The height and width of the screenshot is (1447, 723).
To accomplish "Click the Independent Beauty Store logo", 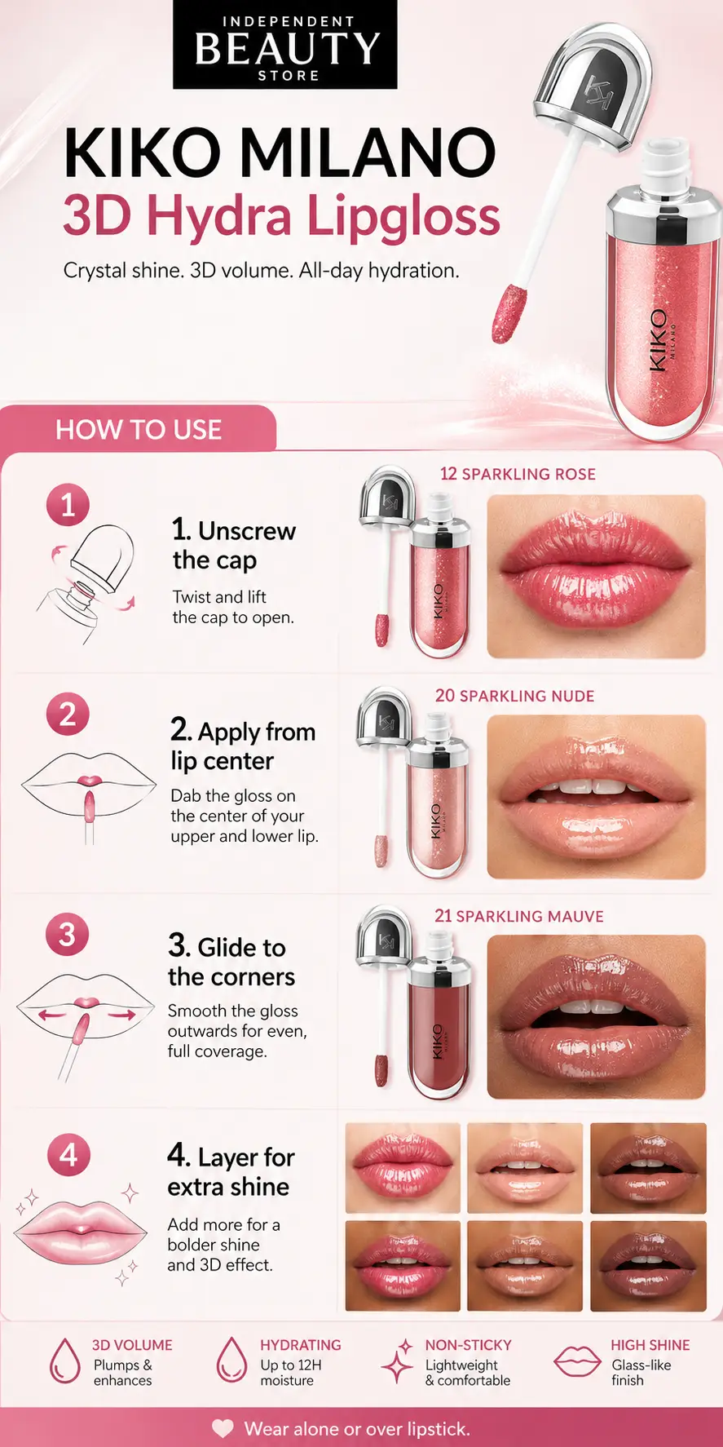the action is pos(284,45).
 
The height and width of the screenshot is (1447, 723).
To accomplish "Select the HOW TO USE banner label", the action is pos(139,430).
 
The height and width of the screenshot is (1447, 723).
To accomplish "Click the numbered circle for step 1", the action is pos(68,505).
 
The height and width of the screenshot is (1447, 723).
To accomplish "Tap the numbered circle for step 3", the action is pos(68,934).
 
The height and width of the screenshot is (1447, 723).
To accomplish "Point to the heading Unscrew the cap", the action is pos(234,545).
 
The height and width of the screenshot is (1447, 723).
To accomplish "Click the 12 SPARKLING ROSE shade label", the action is pos(518,474).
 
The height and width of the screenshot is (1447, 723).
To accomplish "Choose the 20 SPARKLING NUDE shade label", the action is pos(514,696).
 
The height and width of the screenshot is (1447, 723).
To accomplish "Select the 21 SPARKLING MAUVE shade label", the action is pos(519,916).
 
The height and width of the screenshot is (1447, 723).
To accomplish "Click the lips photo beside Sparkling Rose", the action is pos(596,576).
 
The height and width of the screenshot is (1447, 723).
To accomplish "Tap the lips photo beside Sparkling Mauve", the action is pos(596,1016).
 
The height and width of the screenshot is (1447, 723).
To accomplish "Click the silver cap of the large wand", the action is pos(593,86).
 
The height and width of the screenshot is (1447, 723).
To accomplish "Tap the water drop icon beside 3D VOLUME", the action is pos(65,1361).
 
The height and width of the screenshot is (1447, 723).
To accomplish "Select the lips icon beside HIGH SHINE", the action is pos(577,1361).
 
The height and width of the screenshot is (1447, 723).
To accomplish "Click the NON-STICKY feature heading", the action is pos(468,1345).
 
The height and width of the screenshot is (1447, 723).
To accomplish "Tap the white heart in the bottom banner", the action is pos(223,1428).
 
